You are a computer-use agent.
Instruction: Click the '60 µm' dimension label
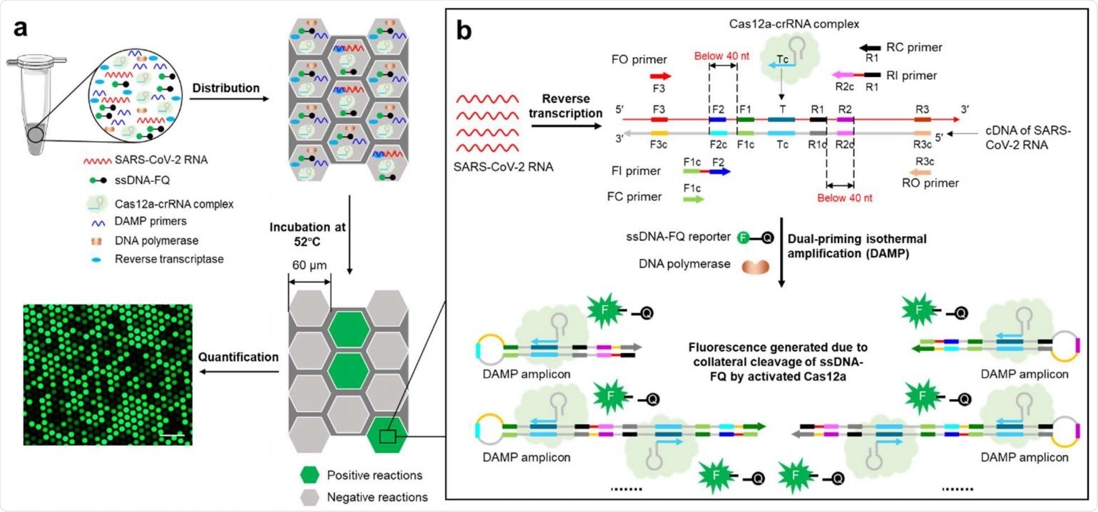click(x=309, y=265)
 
